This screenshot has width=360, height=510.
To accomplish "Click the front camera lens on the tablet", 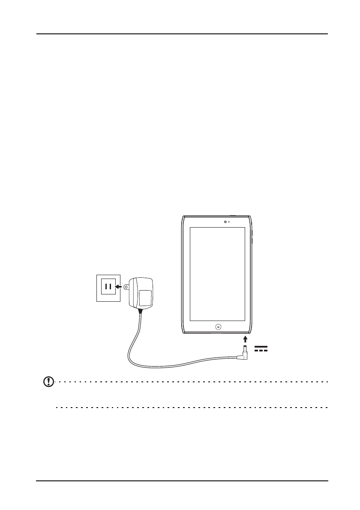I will pos(225,222).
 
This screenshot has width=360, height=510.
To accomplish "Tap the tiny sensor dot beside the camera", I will pos(229,222).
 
